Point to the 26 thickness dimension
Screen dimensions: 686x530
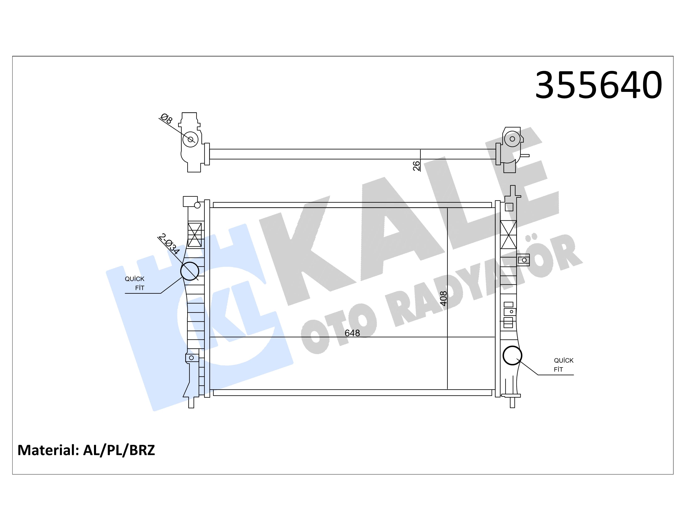point(416,166)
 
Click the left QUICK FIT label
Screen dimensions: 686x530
point(135,283)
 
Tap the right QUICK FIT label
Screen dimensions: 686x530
point(564,365)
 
